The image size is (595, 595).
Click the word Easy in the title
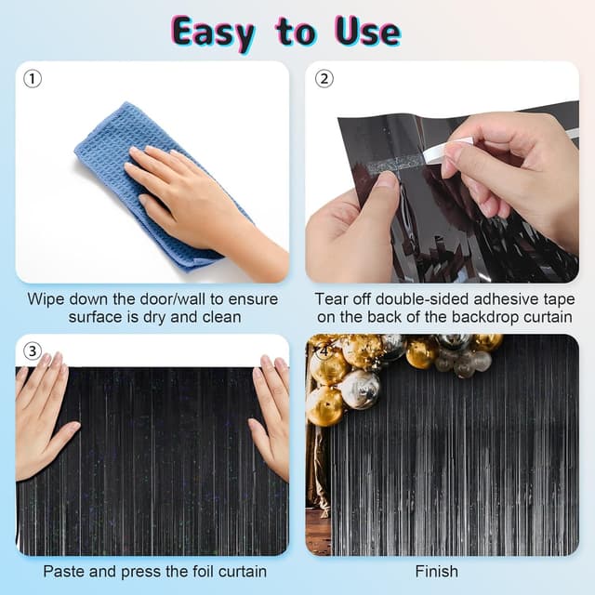pos(213,33)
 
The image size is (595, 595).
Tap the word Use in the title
pos(367,32)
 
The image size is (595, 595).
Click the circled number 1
pos(33,79)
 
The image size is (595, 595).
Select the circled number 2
pos(324,79)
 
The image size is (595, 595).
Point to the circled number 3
pos(33,351)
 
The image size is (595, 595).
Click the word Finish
pos(437,572)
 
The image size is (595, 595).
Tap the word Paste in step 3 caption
pos(63,572)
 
